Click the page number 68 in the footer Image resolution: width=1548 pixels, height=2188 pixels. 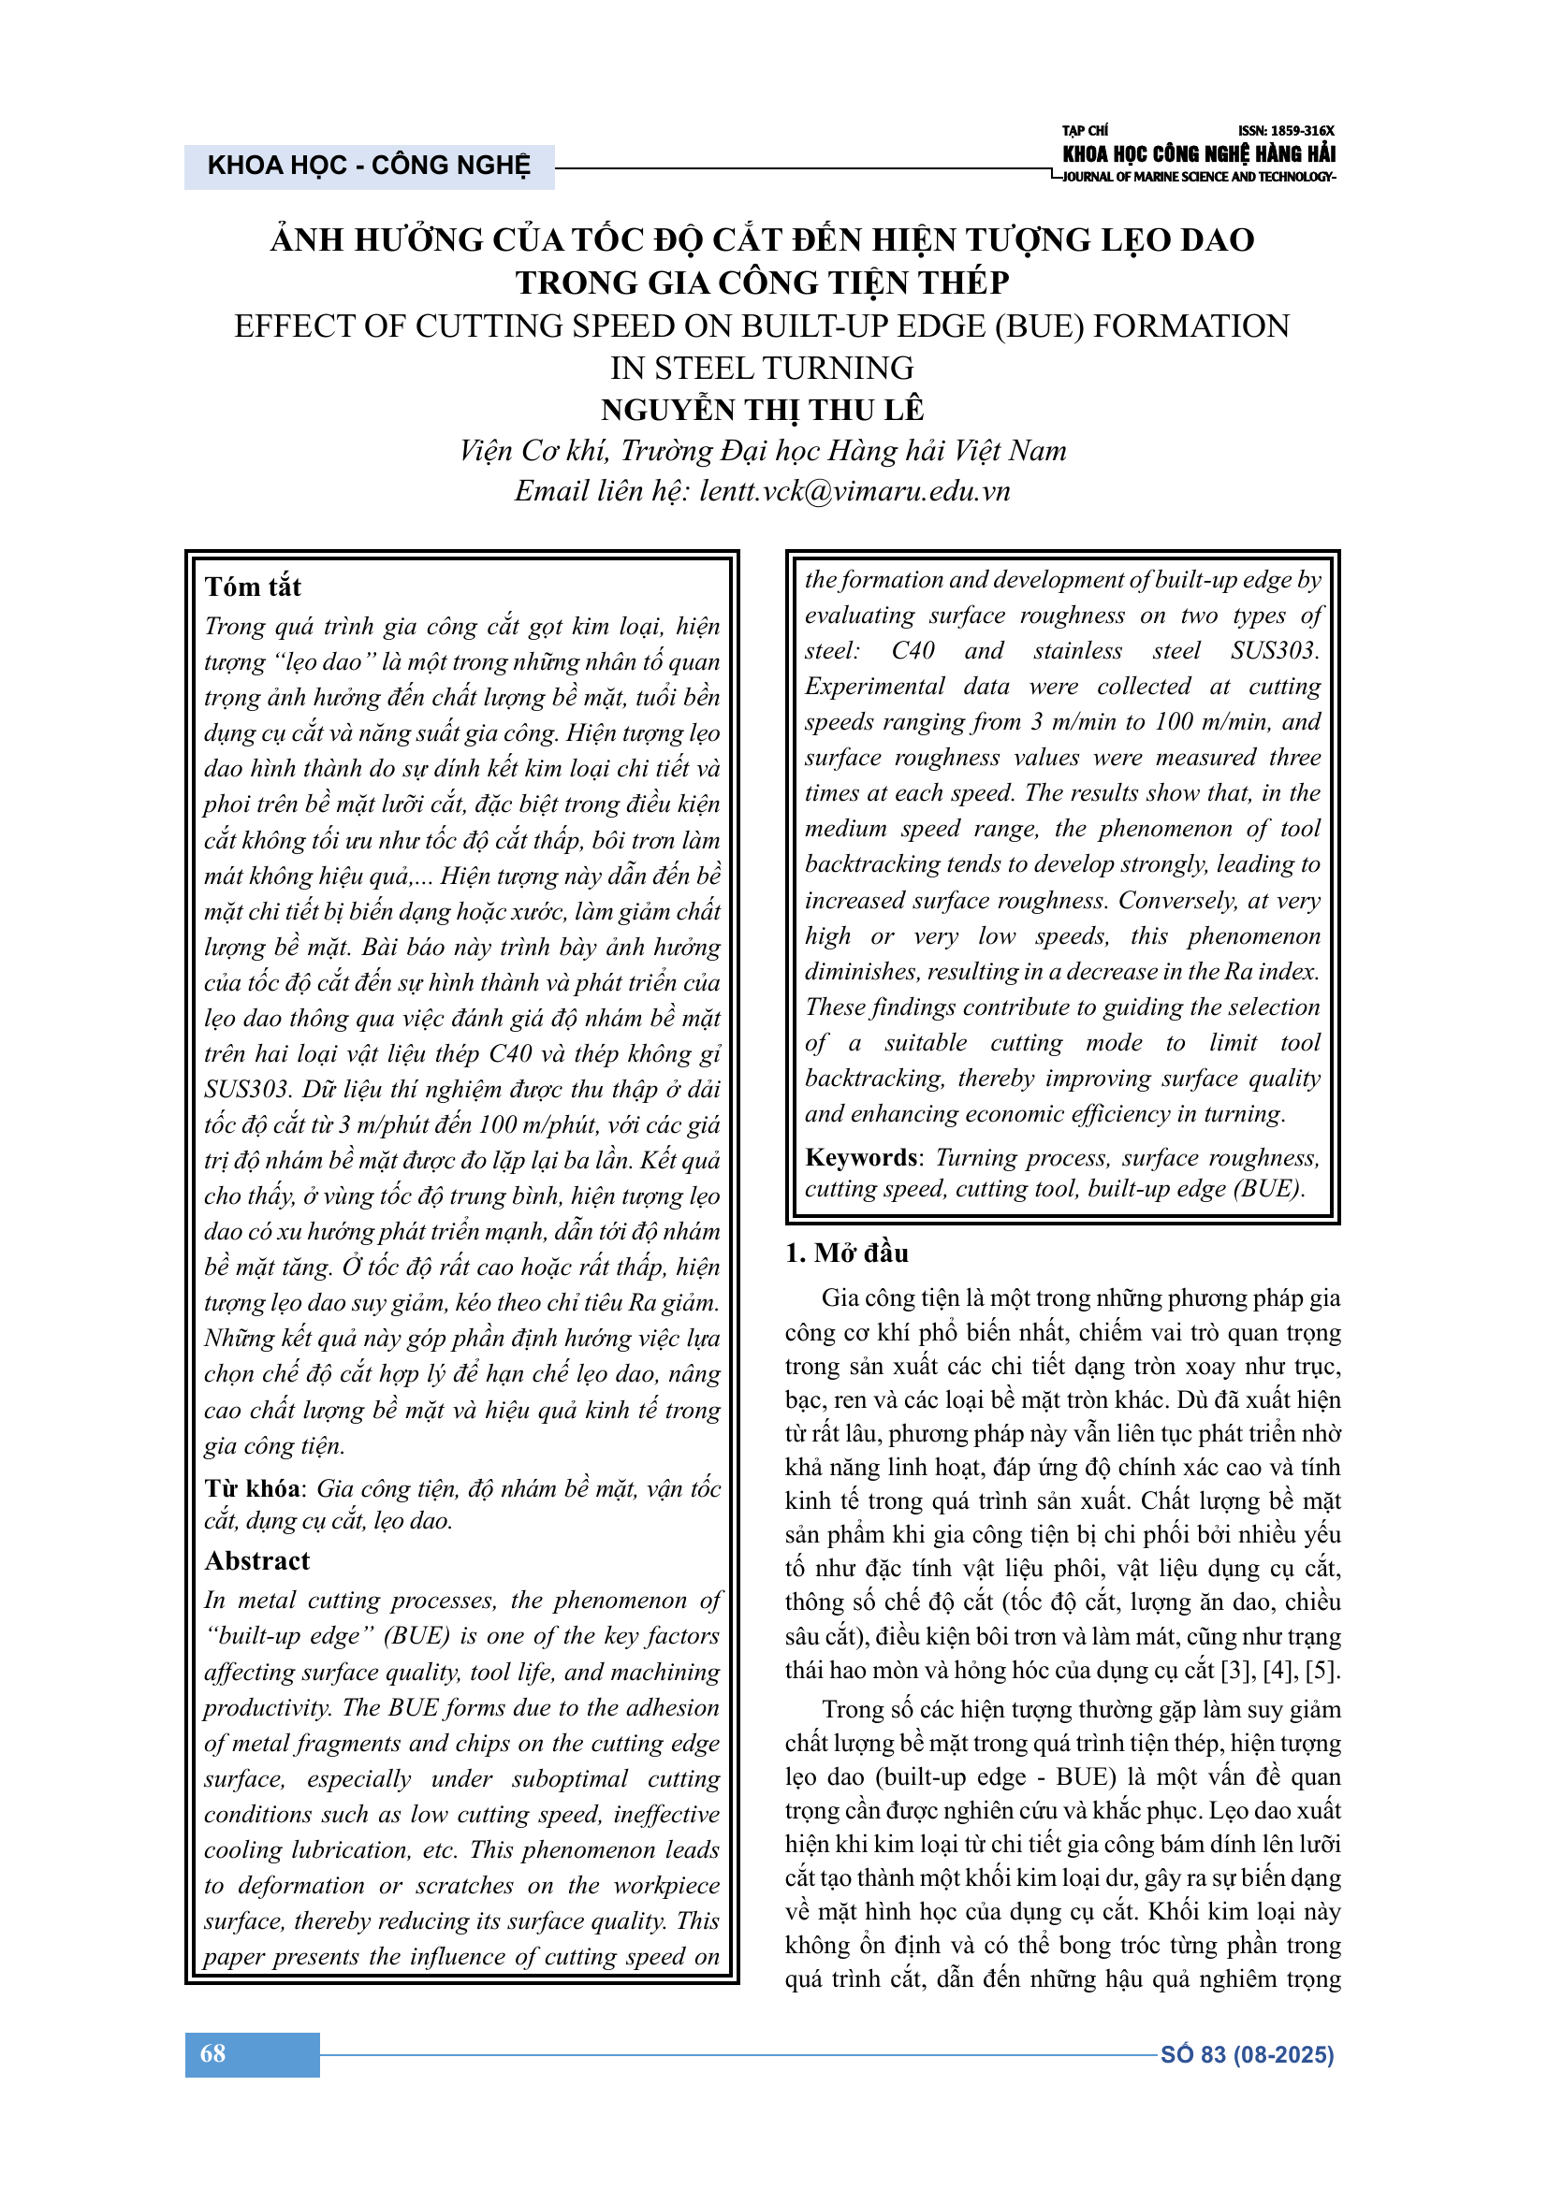pyautogui.click(x=212, y=2053)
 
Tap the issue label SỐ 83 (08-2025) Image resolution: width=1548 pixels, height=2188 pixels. pyautogui.click(x=1246, y=2054)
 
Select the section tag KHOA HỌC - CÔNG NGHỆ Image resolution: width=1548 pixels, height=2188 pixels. pyautogui.click(x=369, y=166)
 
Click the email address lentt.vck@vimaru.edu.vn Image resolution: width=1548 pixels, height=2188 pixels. pyautogui.click(x=854, y=492)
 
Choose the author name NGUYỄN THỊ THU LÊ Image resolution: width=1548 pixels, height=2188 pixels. pyautogui.click(x=763, y=410)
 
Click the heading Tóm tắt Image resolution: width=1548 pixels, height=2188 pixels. pyautogui.click(x=253, y=587)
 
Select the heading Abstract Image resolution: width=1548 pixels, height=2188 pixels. pyautogui.click(x=257, y=1561)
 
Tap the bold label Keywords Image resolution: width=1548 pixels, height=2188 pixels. pyautogui.click(x=861, y=1158)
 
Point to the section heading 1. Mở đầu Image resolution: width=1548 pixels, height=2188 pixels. pyautogui.click(x=846, y=1253)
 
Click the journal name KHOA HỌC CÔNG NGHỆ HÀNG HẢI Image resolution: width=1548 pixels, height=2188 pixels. pyautogui.click(x=1198, y=153)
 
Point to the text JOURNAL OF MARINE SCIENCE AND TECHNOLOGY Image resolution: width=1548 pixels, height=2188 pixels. pyautogui.click(x=1197, y=177)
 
